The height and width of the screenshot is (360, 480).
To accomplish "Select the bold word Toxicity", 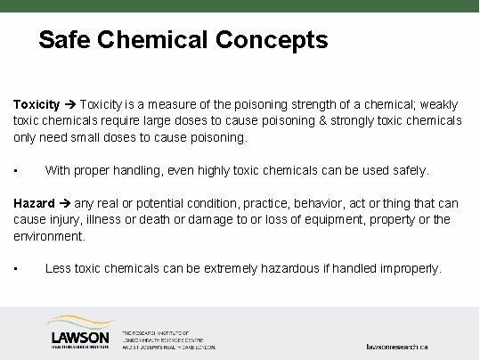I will tap(37, 103).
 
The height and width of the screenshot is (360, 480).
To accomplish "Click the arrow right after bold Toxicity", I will tap(71, 103).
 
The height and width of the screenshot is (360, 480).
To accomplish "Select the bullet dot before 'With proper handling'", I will tap(16, 170).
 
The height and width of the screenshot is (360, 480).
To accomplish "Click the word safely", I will tap(410, 169).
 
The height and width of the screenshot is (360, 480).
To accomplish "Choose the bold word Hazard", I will tap(34, 203).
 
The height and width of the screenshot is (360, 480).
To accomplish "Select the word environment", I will tap(48, 236).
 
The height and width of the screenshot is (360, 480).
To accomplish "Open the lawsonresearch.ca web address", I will tap(397, 345).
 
